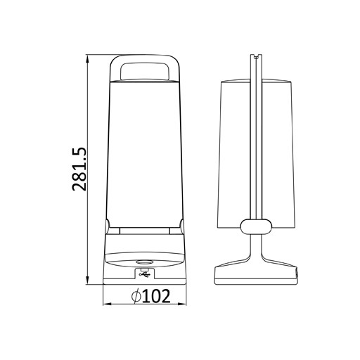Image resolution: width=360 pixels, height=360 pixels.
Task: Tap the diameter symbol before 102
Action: point(136,297)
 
